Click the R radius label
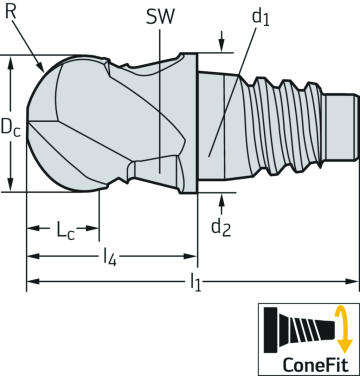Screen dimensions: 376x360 click(10, 11)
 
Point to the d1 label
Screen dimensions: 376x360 click(260, 18)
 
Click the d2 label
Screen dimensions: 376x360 click(221, 227)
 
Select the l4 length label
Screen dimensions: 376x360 click(110, 257)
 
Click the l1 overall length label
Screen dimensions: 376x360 click(195, 284)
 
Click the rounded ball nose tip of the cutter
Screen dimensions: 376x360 click(35, 125)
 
